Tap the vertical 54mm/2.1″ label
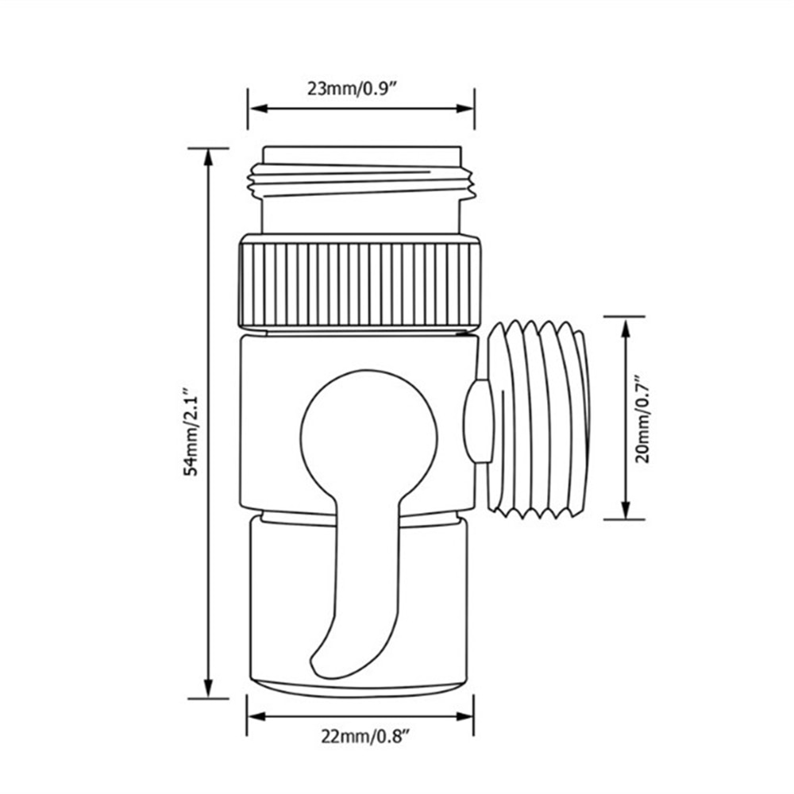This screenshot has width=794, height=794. tap(190, 432)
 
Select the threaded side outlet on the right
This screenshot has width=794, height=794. tap(540, 418)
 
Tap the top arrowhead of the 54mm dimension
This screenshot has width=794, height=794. tap(209, 156)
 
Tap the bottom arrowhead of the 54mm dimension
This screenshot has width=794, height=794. tap(209, 691)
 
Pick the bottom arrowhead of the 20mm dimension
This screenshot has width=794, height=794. tap(626, 512)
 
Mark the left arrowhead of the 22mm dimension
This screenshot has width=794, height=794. tap(255, 716)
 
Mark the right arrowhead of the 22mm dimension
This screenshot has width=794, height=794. tap(468, 716)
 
